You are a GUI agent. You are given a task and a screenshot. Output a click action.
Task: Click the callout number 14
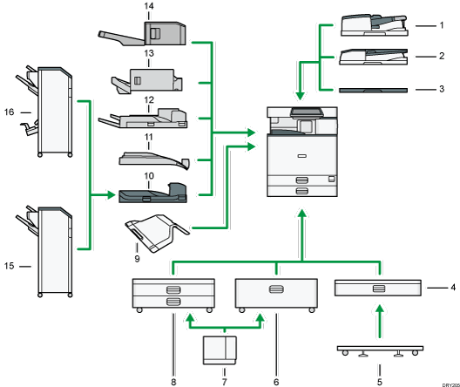tap(148, 6)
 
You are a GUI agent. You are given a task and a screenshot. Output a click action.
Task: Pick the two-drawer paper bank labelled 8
tap(172, 295)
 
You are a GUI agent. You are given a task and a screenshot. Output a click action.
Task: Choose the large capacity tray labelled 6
tap(276, 294)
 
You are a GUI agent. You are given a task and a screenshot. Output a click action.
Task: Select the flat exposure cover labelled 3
tap(372, 89)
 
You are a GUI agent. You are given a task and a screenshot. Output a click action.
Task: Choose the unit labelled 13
tap(148, 80)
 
